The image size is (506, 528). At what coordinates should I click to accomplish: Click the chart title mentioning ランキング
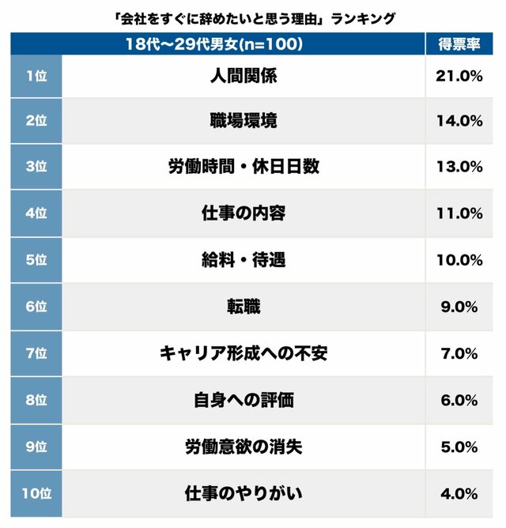click(x=253, y=17)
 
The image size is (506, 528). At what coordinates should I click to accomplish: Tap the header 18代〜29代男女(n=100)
click(x=215, y=44)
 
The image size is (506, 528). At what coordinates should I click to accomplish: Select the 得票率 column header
click(x=459, y=44)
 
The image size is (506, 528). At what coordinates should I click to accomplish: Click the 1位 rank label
click(x=36, y=76)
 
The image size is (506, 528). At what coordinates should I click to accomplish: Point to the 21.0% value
click(x=459, y=76)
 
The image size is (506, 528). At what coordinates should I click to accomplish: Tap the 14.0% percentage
click(x=459, y=121)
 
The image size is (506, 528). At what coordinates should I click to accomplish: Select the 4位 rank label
click(x=36, y=213)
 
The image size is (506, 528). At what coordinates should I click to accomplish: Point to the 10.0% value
click(x=459, y=260)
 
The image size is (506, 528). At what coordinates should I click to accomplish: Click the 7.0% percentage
click(x=459, y=353)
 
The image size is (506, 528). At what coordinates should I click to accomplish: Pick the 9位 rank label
click(x=36, y=447)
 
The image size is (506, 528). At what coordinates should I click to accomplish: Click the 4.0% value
click(x=459, y=493)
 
